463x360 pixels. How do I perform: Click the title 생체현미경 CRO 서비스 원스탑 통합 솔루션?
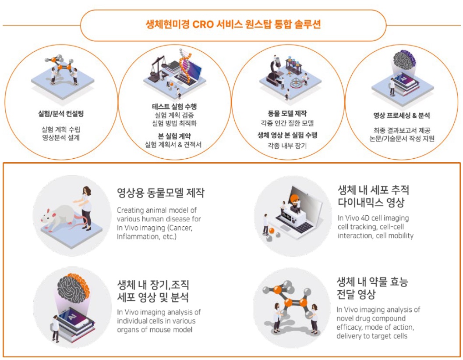[233, 25]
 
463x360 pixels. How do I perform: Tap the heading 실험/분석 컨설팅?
[61, 114]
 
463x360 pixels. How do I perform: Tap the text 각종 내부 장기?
[287, 145]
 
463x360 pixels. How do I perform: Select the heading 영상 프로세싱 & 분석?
[401, 116]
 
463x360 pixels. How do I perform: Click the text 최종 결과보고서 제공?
[401, 130]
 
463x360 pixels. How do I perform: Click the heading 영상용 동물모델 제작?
[160, 193]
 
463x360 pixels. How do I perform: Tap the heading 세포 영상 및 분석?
[153, 298]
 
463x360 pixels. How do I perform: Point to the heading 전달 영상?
[356, 294]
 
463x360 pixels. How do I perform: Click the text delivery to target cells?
[372, 336]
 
